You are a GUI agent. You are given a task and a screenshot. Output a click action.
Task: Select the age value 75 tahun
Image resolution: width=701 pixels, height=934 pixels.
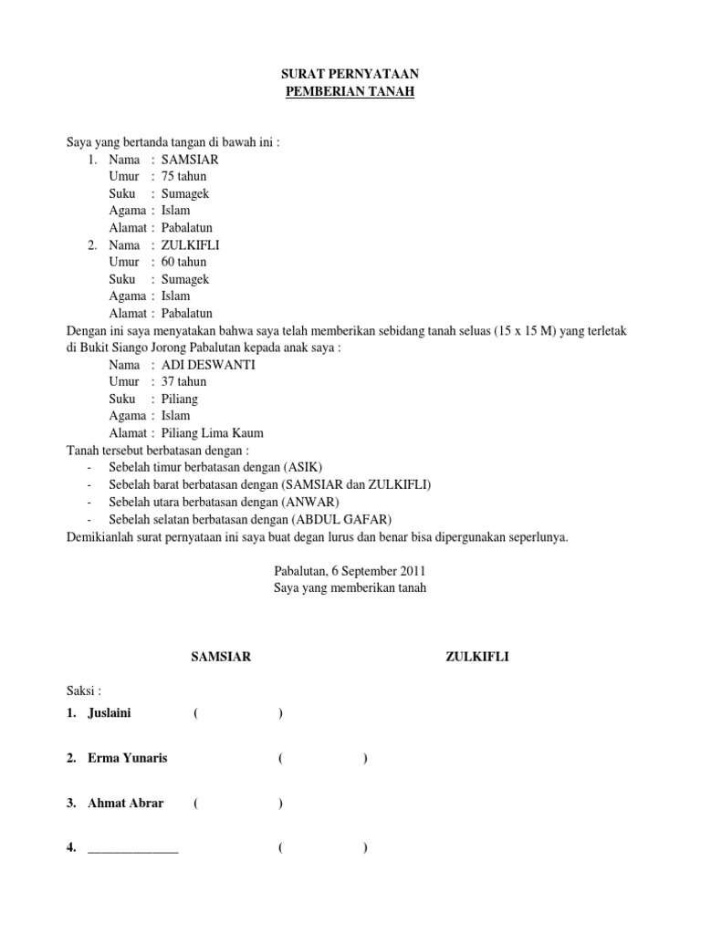(x=184, y=176)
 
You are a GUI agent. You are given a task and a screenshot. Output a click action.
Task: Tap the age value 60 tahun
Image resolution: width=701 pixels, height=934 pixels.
(x=184, y=262)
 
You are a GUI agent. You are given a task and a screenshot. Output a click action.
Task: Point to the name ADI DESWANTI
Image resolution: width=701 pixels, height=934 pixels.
(x=208, y=364)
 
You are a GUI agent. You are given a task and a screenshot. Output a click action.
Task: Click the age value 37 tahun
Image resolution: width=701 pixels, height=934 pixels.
(x=184, y=381)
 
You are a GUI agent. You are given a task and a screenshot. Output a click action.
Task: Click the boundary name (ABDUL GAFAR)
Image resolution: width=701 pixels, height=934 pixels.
(x=352, y=519)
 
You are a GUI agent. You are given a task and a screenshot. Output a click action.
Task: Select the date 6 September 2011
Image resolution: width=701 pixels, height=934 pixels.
(x=373, y=571)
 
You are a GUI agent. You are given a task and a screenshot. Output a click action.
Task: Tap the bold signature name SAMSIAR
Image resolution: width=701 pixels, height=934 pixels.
(x=220, y=656)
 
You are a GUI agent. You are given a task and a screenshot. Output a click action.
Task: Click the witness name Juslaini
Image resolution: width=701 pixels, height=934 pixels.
(x=110, y=712)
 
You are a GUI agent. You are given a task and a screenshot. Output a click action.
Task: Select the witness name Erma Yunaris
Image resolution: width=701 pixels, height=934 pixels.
(x=128, y=758)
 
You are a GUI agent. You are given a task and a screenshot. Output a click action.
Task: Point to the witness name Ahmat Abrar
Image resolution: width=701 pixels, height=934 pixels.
(x=126, y=803)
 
